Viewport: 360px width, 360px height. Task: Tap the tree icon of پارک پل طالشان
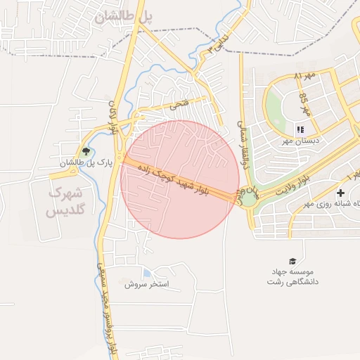pos(86,150)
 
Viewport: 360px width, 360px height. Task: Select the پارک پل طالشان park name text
pos(71,163)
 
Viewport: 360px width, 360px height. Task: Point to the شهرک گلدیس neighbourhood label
pos(65,201)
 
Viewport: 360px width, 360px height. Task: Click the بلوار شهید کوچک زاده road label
pos(184,181)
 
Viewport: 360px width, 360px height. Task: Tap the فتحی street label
pos(179,105)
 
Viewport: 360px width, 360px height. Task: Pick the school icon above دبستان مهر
pos(300,129)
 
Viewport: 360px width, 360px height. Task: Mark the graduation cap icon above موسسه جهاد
pos(292,261)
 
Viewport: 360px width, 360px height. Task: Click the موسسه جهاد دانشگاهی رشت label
pos(292,276)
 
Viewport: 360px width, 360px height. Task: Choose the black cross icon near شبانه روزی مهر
pos(341,192)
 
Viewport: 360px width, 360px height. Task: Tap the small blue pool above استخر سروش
pos(147,273)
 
